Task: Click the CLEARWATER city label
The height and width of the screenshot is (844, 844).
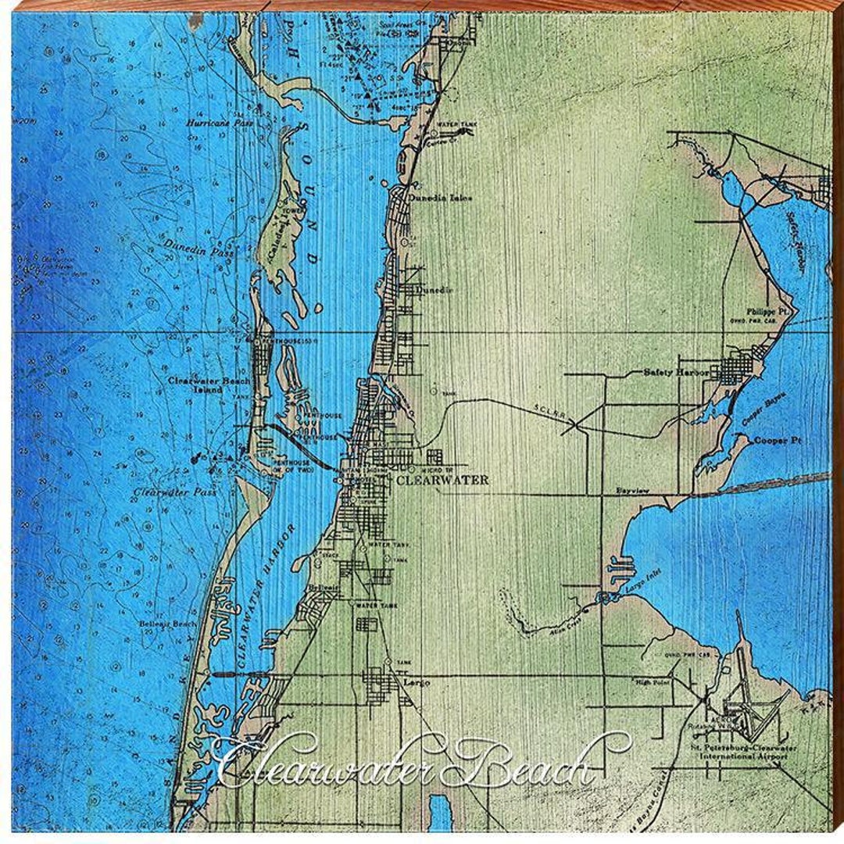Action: click(442, 480)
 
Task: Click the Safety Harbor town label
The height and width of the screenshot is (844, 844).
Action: click(676, 373)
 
